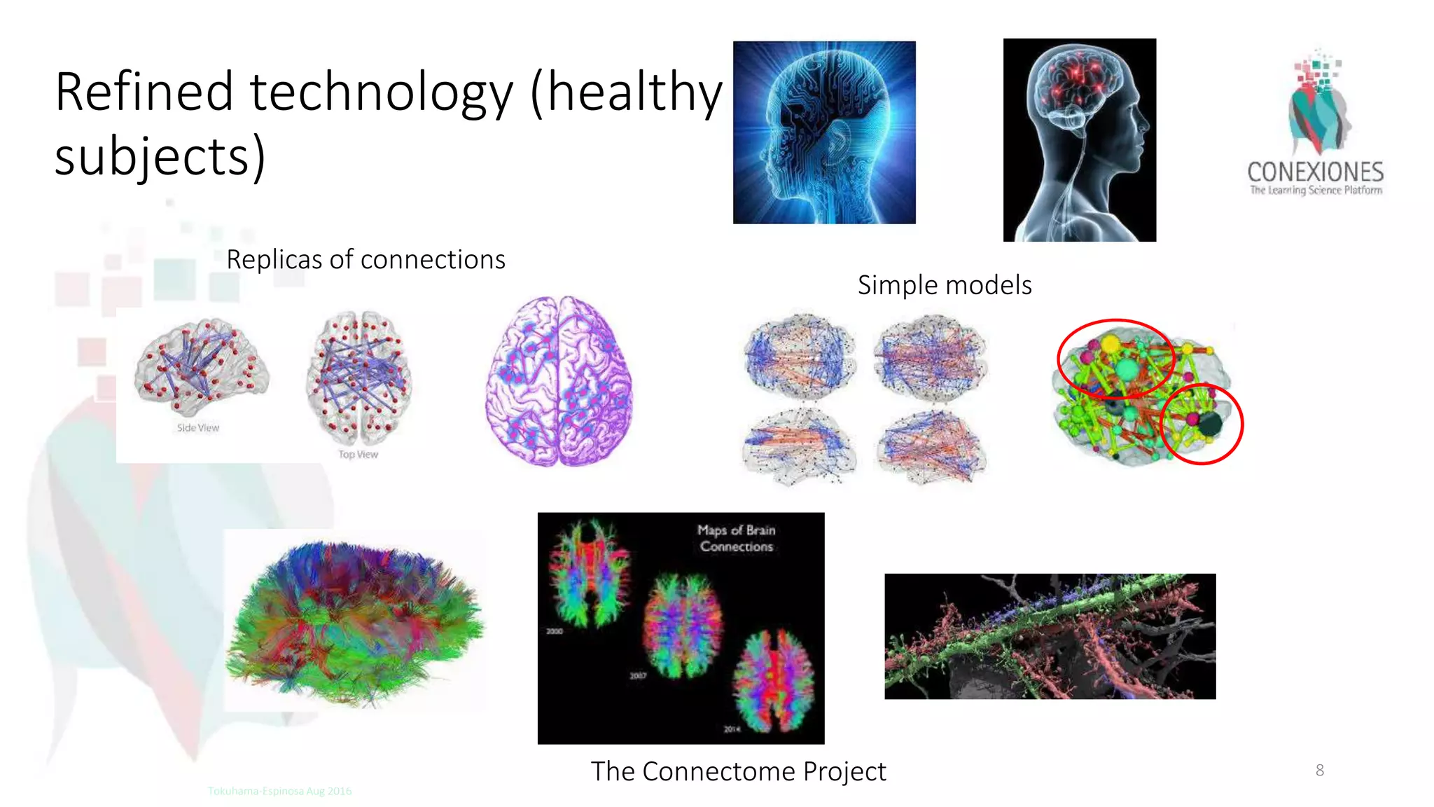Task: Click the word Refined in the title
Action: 144,92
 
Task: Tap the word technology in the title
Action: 382,92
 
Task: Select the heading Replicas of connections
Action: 366,260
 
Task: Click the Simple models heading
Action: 944,285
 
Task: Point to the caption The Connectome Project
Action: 738,771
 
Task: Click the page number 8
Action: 1319,771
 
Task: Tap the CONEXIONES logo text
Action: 1315,172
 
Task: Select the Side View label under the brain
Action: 198,428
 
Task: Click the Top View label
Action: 358,455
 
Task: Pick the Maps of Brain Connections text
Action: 737,538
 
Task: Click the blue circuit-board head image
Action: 824,132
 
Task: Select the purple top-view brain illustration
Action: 559,381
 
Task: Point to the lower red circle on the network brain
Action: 1201,424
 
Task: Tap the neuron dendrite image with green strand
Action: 1050,636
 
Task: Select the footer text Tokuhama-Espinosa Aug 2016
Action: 279,791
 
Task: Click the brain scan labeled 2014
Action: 773,680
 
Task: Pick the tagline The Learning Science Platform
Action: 1316,190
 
